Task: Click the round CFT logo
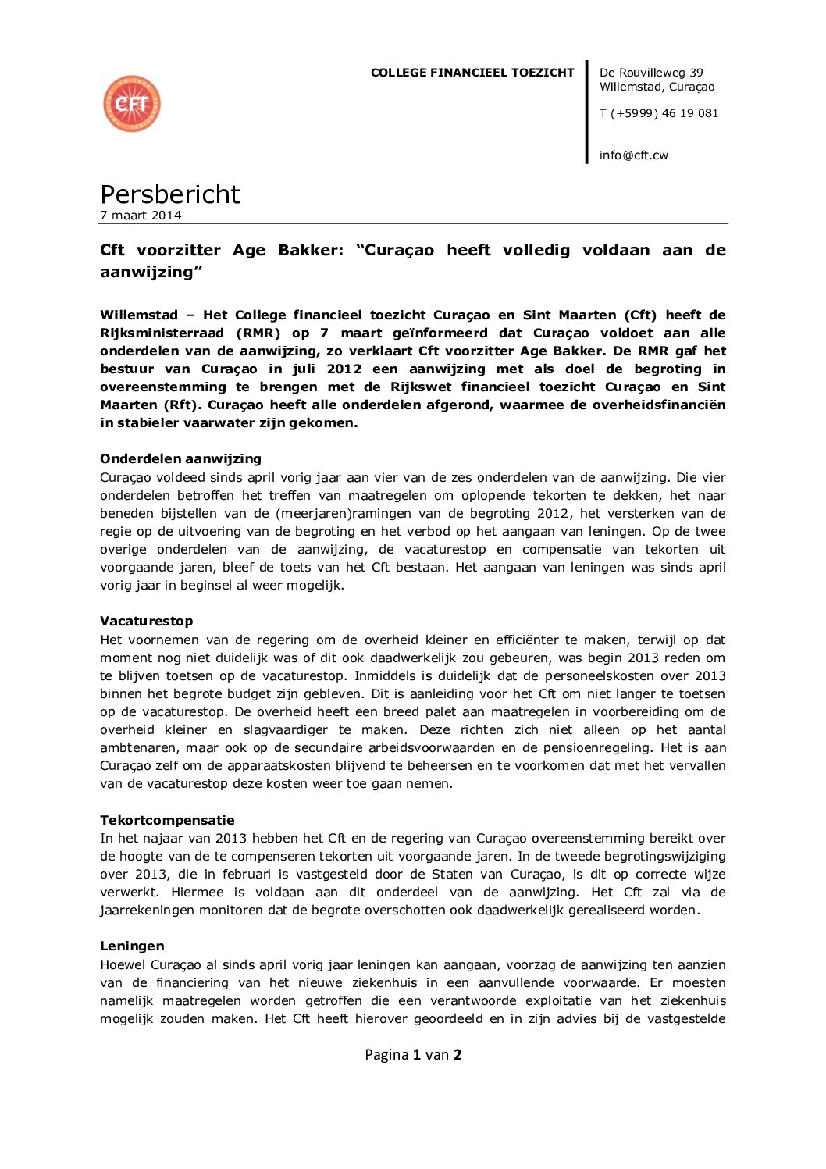click(132, 104)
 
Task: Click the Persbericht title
click(170, 194)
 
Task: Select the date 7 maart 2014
click(141, 216)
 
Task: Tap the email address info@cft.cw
click(633, 155)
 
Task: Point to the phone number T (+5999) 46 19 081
click(658, 113)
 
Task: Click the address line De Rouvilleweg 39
click(650, 73)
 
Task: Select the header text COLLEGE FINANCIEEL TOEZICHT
click(472, 73)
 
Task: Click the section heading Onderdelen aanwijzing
click(180, 458)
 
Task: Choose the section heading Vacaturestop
click(146, 621)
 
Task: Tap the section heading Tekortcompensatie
click(167, 820)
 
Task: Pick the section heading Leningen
click(132, 946)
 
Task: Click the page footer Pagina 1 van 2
click(413, 1054)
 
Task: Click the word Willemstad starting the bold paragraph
click(139, 315)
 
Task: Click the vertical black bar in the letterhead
click(587, 112)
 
